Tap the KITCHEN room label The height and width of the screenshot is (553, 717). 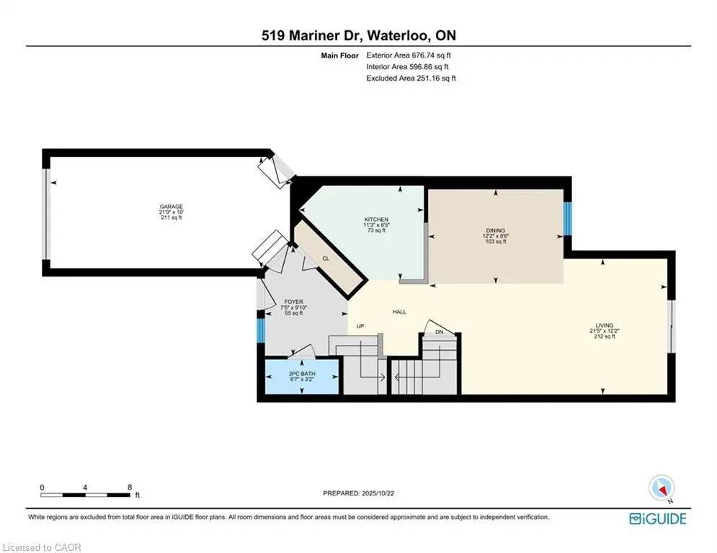click(x=376, y=220)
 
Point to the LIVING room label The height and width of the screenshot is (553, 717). click(x=604, y=325)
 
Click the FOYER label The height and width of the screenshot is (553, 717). click(x=293, y=302)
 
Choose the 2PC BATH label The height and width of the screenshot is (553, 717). click(x=303, y=373)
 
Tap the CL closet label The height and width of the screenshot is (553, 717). click(x=326, y=258)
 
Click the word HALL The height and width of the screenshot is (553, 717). click(x=399, y=312)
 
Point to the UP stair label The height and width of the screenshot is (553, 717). click(x=361, y=326)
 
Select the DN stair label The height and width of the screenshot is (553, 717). click(x=439, y=332)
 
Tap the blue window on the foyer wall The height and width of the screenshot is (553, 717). click(x=261, y=329)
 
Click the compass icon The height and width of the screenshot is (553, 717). click(x=660, y=489)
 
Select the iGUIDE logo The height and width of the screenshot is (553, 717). click(x=657, y=518)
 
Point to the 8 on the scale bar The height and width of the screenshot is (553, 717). click(x=130, y=487)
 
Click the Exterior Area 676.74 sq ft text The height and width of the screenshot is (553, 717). click(x=409, y=55)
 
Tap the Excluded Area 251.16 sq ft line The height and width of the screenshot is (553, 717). click(x=411, y=78)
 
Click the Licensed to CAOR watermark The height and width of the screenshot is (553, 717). click(x=41, y=547)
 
